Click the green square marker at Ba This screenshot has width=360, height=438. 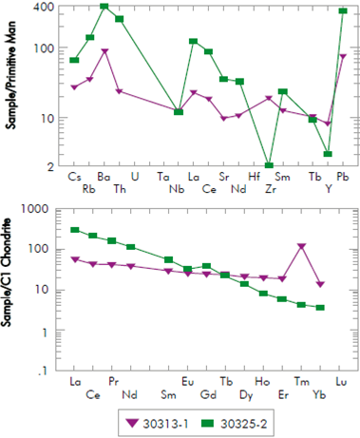[x=104, y=7]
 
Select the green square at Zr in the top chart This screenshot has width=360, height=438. [x=269, y=165]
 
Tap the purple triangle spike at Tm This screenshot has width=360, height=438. [x=301, y=247]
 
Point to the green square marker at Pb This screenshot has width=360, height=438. [x=343, y=10]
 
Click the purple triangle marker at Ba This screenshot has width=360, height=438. [x=104, y=52]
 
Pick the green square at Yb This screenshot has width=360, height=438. [x=321, y=307]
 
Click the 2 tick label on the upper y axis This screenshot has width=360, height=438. [x=46, y=166]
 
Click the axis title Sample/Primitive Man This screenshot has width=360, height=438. [x=9, y=86]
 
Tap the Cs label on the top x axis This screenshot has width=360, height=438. [x=74, y=178]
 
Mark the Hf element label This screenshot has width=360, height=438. [x=255, y=178]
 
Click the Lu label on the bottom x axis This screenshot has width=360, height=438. [x=342, y=382]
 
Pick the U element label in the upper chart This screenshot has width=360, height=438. [x=134, y=178]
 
